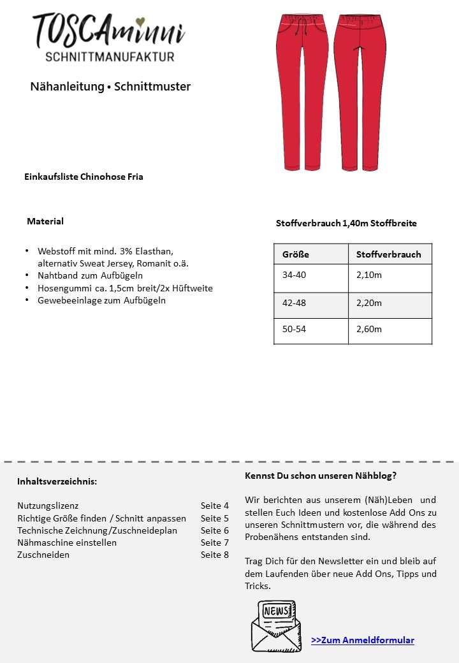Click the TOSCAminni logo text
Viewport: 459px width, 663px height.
pyautogui.click(x=108, y=31)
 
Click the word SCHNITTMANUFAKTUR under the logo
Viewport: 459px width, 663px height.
pyautogui.click(x=110, y=57)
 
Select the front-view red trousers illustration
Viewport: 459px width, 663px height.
pyautogui.click(x=302, y=89)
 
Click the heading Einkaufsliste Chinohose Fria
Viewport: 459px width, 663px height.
pyautogui.click(x=84, y=177)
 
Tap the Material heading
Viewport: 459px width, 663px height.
pyautogui.click(x=45, y=221)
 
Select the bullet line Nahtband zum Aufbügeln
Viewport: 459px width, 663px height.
pyautogui.click(x=90, y=275)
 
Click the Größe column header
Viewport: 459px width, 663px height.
pyautogui.click(x=296, y=254)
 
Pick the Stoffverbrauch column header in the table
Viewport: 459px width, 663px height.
pyautogui.click(x=389, y=254)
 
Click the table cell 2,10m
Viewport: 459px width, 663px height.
pyautogui.click(x=369, y=275)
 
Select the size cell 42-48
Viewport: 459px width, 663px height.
pyautogui.click(x=294, y=303)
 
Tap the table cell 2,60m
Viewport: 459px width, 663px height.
pyautogui.click(x=369, y=329)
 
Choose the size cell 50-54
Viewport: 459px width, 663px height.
pyautogui.click(x=294, y=329)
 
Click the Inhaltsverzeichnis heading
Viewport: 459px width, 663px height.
pyautogui.click(x=57, y=481)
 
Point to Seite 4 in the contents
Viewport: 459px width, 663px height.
pyautogui.click(x=214, y=506)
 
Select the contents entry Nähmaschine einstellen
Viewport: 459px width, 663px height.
pyautogui.click(x=67, y=543)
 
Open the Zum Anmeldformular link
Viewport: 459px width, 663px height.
pyautogui.click(x=363, y=640)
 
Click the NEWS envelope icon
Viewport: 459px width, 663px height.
pyautogui.click(x=276, y=625)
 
